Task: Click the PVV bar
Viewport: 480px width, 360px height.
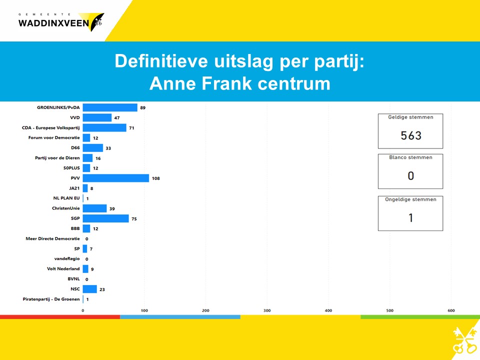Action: click(116, 178)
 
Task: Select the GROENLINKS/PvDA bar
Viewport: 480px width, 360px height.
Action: click(110, 107)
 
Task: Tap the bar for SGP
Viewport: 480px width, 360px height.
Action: click(106, 218)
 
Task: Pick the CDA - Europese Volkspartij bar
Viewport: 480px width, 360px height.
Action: click(104, 127)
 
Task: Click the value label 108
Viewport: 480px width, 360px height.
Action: click(156, 178)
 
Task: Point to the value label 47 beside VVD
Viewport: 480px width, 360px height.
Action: click(117, 118)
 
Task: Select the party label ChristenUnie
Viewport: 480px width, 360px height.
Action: click(66, 208)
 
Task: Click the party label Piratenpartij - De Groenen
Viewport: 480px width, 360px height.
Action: click(51, 299)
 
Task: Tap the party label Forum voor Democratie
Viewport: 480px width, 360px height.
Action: click(54, 138)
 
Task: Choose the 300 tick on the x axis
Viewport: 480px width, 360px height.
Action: click(267, 310)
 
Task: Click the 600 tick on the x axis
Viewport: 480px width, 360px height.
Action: click(451, 310)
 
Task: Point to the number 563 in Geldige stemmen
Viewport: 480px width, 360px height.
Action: click(411, 135)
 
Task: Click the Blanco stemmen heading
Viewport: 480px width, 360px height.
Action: click(411, 157)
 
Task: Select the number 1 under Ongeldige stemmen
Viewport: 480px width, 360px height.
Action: click(411, 217)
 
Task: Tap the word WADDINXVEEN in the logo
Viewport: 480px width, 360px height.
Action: click(53, 23)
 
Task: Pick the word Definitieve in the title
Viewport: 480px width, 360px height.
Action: click(161, 61)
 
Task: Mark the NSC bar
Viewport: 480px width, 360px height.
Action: click(90, 289)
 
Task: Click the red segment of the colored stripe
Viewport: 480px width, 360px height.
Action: click(60, 317)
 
